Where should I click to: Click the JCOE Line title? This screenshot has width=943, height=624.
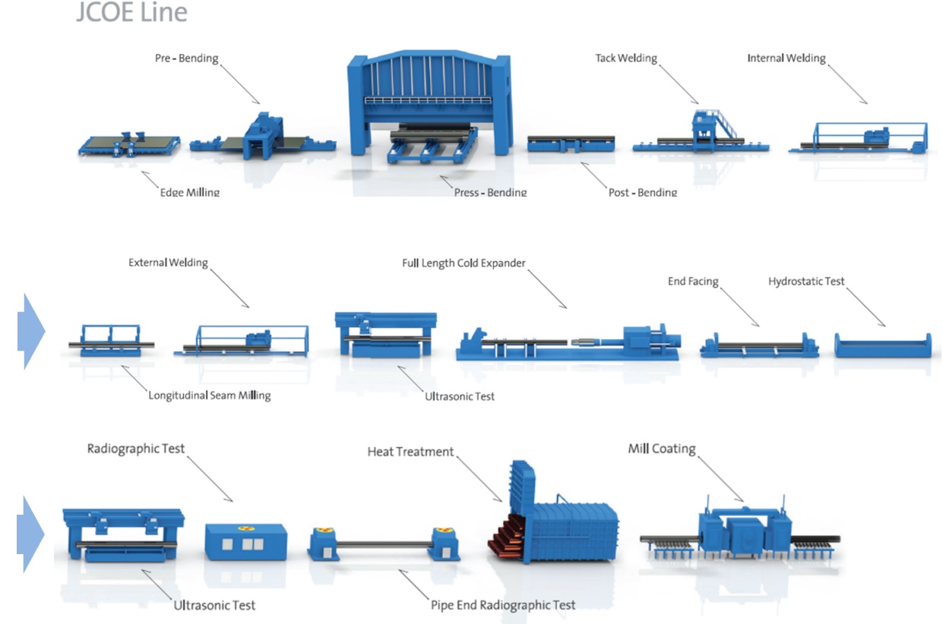point(131,13)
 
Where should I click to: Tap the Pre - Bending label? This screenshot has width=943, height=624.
point(186,58)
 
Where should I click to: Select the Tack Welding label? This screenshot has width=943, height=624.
point(625,58)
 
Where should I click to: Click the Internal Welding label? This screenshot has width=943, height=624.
point(786,58)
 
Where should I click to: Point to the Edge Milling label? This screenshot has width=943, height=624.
point(189,192)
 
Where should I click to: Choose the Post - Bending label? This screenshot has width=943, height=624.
point(642,192)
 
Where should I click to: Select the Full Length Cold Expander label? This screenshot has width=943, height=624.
point(464,263)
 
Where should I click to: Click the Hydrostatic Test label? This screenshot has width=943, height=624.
point(805,282)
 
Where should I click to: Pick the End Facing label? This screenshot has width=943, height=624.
point(693,282)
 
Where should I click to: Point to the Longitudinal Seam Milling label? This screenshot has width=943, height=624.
point(209,395)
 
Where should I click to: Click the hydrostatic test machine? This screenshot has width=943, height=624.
point(882,346)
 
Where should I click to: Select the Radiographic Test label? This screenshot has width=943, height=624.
point(136,448)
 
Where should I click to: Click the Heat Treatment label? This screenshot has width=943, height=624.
point(410,452)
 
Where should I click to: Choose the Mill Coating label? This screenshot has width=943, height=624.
point(661,449)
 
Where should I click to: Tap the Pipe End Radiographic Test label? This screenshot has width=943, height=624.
point(502,605)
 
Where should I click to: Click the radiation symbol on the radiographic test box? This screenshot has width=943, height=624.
point(245,528)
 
